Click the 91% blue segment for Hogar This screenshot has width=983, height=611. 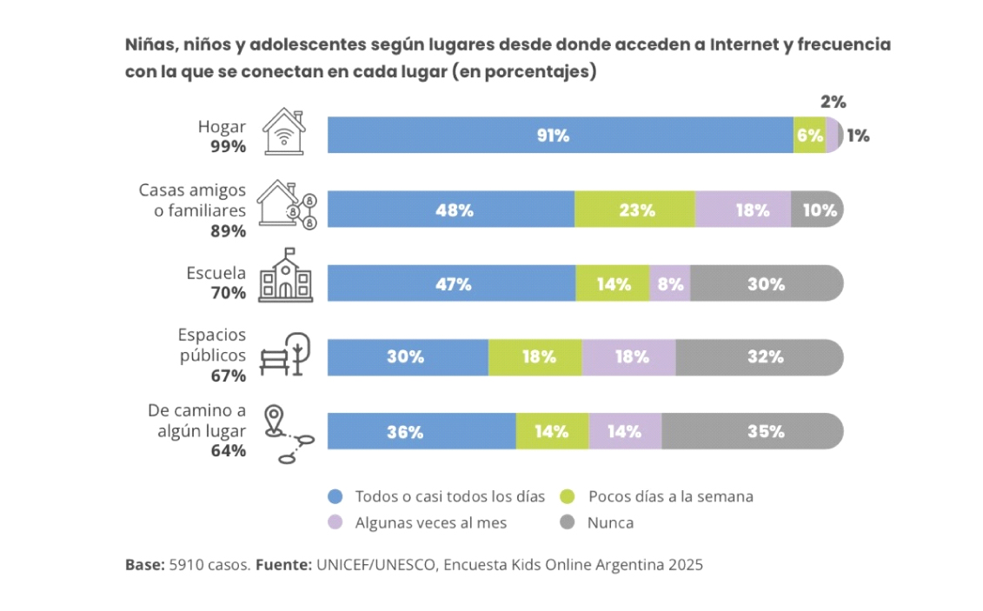pos(560,135)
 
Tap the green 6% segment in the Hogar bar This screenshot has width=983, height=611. pos(809,135)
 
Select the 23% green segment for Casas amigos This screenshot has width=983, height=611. pos(634,209)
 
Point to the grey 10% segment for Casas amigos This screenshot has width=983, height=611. pos(817,209)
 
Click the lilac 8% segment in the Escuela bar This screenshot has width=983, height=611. pos(669,283)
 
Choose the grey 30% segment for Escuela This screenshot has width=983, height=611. pos(767,283)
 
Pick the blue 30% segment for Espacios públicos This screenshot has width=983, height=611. pos(408,357)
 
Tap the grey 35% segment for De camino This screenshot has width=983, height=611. pos(753,431)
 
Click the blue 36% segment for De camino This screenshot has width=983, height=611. pos(422,431)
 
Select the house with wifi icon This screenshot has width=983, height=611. pos(284,131)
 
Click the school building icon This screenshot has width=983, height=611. pos(286,276)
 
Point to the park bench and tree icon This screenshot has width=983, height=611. pos(285,354)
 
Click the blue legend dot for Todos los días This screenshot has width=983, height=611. pos(335,497)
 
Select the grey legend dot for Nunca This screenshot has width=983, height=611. pos(568,522)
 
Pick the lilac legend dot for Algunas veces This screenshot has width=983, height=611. pos(335,522)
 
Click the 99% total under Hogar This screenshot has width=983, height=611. pos(229,147)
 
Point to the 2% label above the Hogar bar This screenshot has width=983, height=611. pos(834,102)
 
